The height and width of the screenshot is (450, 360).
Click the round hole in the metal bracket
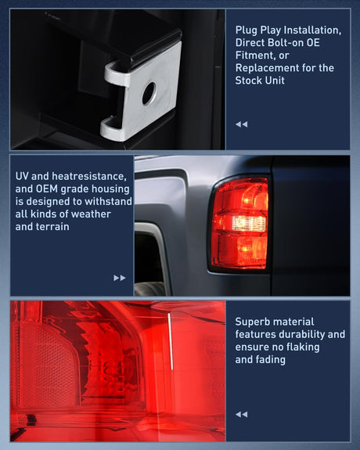[149, 93]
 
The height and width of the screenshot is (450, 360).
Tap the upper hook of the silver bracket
[117, 74]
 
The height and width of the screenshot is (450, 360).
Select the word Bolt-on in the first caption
[286, 43]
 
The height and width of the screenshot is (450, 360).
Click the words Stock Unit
[260, 81]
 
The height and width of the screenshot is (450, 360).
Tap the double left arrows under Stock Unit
[242, 124]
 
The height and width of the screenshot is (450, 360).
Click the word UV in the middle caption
[22, 176]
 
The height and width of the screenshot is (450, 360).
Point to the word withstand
[108, 201]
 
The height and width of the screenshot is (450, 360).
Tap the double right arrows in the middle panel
[120, 278]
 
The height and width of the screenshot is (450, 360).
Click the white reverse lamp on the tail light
[249, 223]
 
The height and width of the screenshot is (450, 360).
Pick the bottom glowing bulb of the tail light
[246, 248]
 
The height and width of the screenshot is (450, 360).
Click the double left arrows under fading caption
[242, 414]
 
